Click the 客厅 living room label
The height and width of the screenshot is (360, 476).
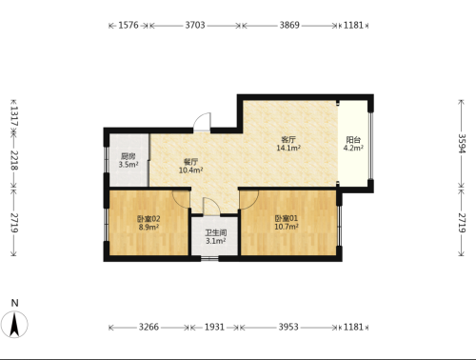288,139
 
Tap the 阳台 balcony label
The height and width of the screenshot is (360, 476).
353,140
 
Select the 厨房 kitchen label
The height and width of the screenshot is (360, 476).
129,156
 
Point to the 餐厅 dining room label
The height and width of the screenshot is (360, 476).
190,162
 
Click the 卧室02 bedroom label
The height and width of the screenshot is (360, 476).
149,219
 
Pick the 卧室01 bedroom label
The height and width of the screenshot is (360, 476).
287,218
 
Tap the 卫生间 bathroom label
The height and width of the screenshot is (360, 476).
216,232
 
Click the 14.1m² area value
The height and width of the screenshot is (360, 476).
288,148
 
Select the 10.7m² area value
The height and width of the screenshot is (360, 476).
287,227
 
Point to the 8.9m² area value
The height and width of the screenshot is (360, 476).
149,227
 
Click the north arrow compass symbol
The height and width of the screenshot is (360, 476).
14,325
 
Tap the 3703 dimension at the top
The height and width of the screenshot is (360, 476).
195,25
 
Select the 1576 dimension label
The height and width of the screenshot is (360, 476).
129,25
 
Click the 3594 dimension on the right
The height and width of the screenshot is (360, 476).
462,144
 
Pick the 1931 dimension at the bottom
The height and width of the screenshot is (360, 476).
214,327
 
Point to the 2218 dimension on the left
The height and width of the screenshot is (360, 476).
14,160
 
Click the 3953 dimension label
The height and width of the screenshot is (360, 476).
288,327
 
